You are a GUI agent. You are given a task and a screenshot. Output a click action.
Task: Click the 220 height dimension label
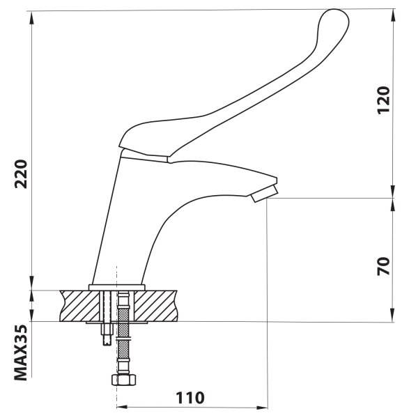pyautogui.click(x=21, y=174)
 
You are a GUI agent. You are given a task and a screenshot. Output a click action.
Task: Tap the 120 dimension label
pyautogui.click(x=384, y=100)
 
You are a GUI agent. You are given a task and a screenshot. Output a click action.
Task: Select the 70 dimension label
pyautogui.click(x=384, y=266)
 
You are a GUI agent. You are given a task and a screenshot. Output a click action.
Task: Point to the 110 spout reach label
pyautogui.click(x=190, y=398)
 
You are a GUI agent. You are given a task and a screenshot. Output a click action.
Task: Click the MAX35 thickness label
pyautogui.click(x=21, y=353)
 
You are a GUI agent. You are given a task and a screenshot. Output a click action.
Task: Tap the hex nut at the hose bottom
pyautogui.click(x=124, y=380)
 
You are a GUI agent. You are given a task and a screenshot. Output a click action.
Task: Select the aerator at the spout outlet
pyautogui.click(x=264, y=194)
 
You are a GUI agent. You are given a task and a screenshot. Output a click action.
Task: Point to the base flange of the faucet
pyautogui.click(x=117, y=287)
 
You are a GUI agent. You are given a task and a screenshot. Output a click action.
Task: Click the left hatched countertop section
pyautogui.click(x=79, y=306)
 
